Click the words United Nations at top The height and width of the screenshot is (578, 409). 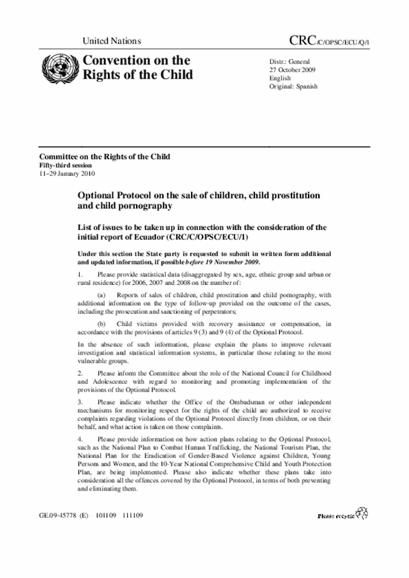(112, 41)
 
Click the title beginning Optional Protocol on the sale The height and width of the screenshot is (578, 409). (199, 200)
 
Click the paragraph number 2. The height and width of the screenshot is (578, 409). (81, 372)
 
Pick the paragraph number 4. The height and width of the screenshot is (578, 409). (81, 440)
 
